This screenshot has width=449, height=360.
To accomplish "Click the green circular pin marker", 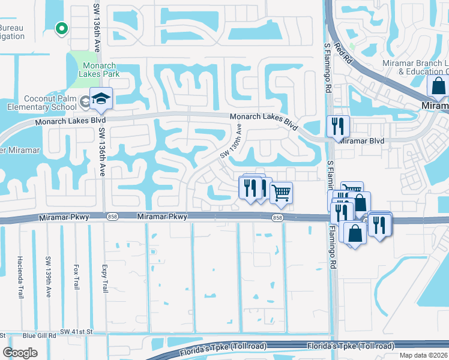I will [60, 28].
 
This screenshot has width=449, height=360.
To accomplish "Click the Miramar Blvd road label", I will [361, 141].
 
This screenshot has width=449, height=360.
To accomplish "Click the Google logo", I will [20, 353].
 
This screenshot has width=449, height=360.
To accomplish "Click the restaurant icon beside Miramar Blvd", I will [338, 127].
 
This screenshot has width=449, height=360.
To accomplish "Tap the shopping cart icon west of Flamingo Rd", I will [281, 193].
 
